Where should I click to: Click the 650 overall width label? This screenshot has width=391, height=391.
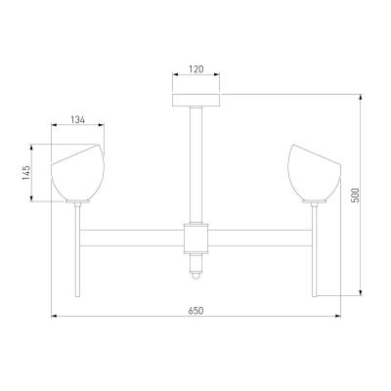[195, 311]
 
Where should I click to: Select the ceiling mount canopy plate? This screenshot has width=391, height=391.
[195, 100]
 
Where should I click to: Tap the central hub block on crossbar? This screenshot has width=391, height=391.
[195, 238]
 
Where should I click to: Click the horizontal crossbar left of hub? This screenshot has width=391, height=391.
[132, 238]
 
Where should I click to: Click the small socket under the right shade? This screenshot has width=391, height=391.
[315, 203]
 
